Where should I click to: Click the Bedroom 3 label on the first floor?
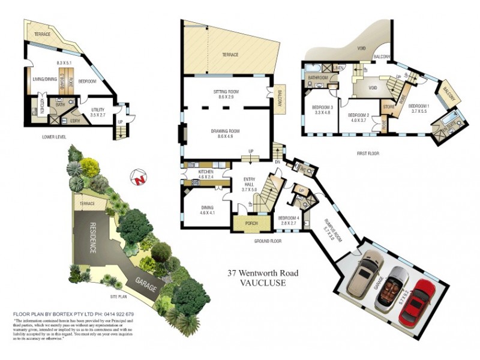coord(322,109)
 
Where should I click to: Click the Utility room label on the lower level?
coord(98,112)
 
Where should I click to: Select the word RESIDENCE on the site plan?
coord(94,238)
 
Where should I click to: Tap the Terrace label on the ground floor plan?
coord(230,55)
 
